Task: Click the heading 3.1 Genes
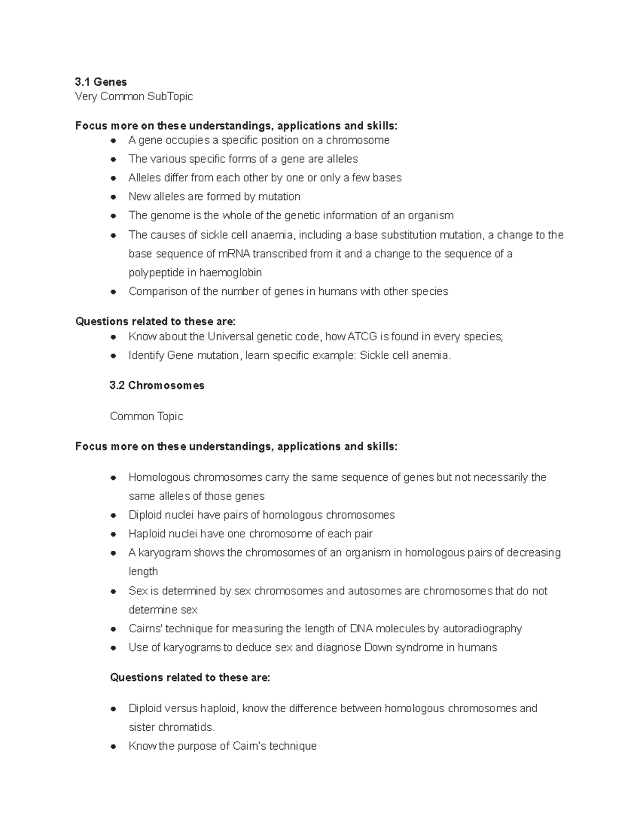(x=101, y=82)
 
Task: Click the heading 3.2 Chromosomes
(x=157, y=385)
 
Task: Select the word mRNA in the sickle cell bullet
(x=235, y=254)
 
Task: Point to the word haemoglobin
(x=231, y=272)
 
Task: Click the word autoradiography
(x=478, y=629)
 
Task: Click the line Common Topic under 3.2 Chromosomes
(x=146, y=416)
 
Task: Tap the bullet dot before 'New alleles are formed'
(x=113, y=197)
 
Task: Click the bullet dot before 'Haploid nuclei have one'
(x=113, y=534)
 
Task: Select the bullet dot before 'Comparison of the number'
(x=113, y=292)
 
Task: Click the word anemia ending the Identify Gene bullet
(x=431, y=355)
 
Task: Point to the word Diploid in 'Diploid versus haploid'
(x=145, y=709)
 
